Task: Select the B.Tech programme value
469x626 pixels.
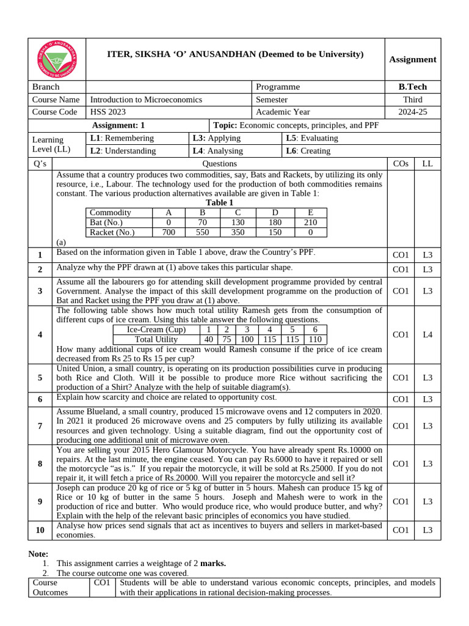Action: click(412, 87)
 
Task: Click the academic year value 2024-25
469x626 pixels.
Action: click(412, 112)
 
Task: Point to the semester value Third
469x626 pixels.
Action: click(412, 100)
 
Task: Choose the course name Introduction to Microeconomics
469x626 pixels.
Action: click(149, 100)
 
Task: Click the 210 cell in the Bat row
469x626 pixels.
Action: click(310, 223)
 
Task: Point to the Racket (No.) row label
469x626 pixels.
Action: click(112, 232)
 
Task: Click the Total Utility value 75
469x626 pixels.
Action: click(226, 340)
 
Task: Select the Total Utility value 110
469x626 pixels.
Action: click(315, 340)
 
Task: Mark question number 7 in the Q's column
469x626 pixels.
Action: click(40, 425)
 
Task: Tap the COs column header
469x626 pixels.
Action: click(401, 164)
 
